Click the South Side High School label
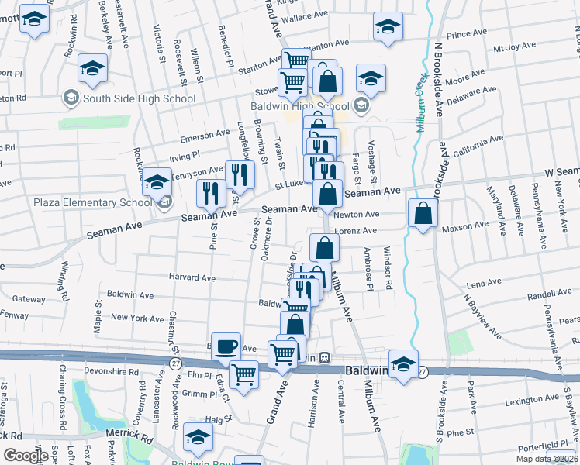[139, 98]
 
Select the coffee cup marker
[226, 346]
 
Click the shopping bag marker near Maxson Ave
[422, 213]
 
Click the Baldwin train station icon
[326, 358]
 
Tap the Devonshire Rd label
[112, 372]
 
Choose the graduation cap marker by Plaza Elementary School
[157, 181]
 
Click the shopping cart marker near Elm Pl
[244, 375]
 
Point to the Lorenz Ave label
[356, 230]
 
